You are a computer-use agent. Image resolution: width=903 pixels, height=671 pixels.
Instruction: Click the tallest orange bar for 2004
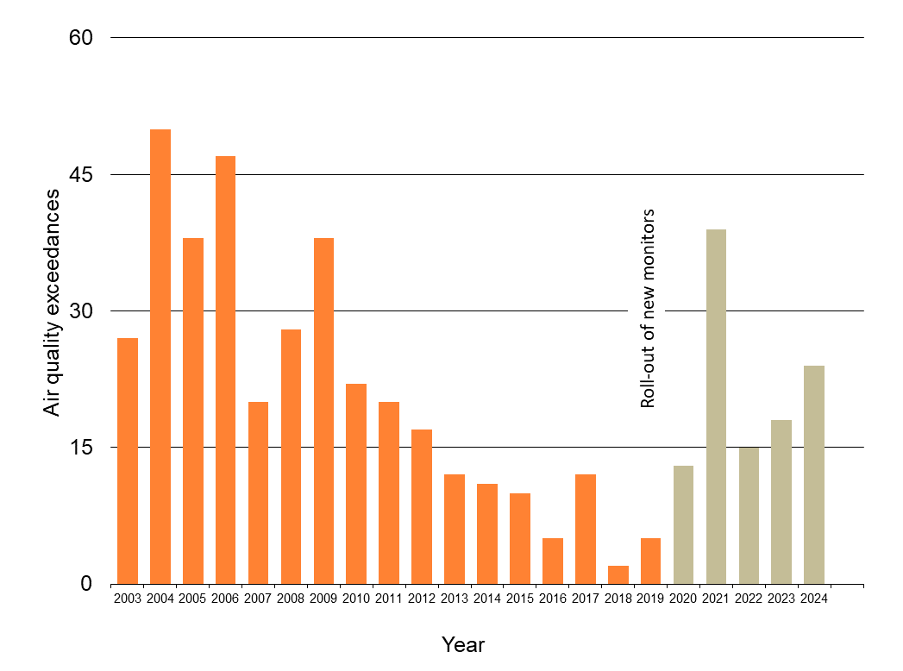click(x=160, y=356)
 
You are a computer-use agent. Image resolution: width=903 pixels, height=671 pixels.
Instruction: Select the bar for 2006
click(x=225, y=369)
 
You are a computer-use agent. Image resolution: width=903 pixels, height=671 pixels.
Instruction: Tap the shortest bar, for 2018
click(x=618, y=574)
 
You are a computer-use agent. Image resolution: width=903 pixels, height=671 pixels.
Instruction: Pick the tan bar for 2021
click(x=716, y=406)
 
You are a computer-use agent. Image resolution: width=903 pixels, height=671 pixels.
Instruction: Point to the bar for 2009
click(x=323, y=411)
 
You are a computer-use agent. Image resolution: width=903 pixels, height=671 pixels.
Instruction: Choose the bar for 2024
click(x=814, y=474)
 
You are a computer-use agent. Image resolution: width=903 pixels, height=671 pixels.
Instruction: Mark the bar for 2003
click(x=128, y=461)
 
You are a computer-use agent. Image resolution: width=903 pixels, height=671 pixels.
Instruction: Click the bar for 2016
click(x=553, y=561)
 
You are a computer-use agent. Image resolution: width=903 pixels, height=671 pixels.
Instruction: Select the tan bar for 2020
click(x=683, y=524)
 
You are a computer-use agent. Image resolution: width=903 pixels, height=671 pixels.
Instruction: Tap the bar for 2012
click(x=422, y=506)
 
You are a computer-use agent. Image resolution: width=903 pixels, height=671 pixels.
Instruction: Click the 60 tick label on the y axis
click(x=79, y=38)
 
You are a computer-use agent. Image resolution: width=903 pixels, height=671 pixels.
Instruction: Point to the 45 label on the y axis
click(x=79, y=175)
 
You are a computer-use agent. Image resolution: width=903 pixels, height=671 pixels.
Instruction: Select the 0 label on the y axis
click(x=86, y=584)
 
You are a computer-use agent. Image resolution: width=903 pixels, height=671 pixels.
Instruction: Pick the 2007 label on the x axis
click(x=258, y=599)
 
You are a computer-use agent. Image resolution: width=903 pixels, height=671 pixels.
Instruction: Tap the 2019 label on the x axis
click(x=651, y=599)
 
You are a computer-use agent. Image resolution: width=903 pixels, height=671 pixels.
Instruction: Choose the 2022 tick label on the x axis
click(x=749, y=599)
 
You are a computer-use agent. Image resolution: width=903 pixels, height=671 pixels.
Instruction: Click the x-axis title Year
click(x=463, y=644)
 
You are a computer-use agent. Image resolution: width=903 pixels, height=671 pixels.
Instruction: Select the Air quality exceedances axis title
click(x=53, y=302)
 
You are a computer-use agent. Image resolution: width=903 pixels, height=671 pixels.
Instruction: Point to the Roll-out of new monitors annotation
click(x=648, y=308)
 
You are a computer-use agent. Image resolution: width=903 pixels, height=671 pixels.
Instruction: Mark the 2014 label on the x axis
click(x=487, y=599)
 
